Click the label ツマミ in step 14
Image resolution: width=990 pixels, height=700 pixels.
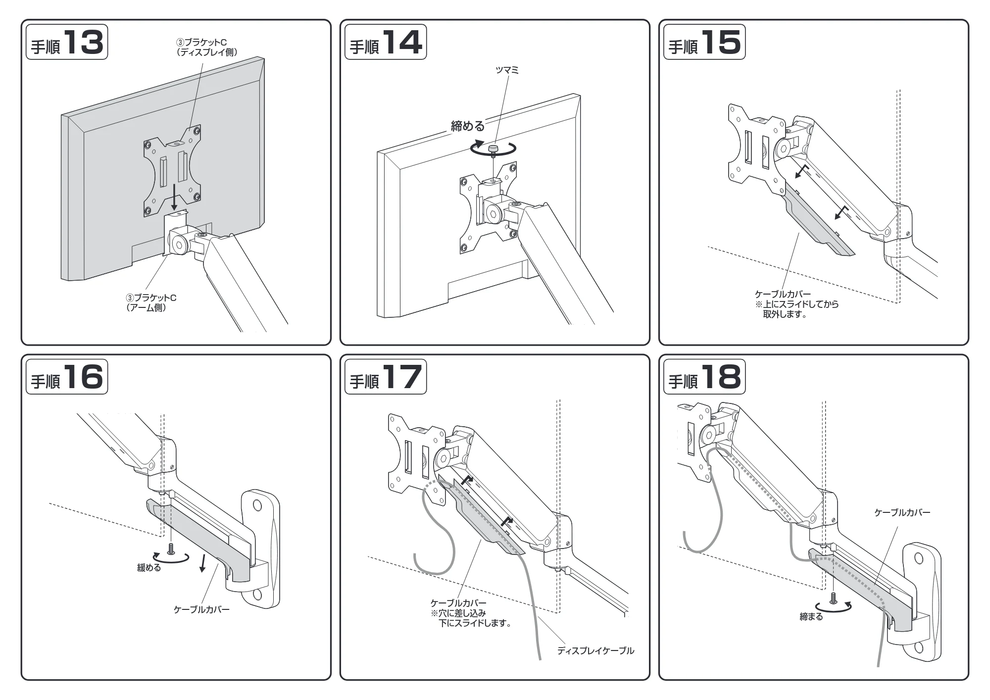pos(507,70)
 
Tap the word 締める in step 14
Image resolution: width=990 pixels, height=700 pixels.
pos(468,126)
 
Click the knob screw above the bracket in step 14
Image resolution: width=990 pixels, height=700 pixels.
pos(493,150)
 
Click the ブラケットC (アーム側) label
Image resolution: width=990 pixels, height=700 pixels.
pos(151,302)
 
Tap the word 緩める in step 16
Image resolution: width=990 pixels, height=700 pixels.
pos(149,568)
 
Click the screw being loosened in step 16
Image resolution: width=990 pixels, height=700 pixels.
pos(171,549)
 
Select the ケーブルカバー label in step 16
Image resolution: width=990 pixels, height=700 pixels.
pos(201,609)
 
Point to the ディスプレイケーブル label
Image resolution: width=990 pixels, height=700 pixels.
pos(595,650)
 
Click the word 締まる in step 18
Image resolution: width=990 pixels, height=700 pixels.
pos(811,617)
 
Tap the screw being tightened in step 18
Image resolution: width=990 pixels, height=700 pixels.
pos(833,598)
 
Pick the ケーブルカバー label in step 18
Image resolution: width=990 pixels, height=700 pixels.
pos(902,512)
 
